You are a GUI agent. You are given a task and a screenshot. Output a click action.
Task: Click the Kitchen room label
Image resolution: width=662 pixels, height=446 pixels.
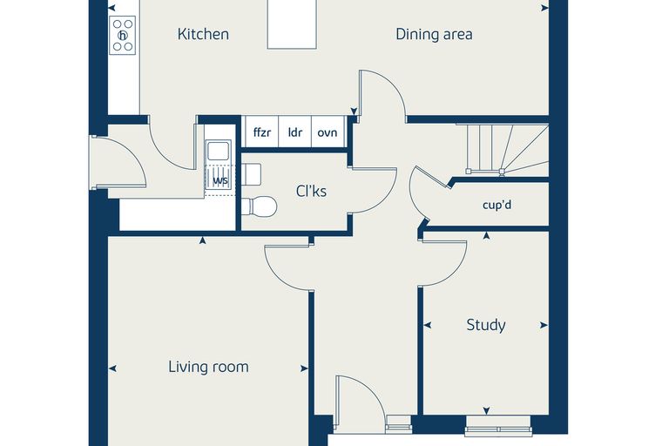tap(203, 34)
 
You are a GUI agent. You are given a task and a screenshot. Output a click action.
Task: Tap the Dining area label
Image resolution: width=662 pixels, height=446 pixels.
tap(434, 34)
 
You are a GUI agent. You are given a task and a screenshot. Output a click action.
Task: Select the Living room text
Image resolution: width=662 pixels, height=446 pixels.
tap(208, 367)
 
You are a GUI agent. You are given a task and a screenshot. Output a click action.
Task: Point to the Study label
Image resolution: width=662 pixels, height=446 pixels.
tap(486, 325)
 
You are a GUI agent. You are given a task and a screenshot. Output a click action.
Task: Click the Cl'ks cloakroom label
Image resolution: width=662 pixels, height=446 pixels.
tap(311, 192)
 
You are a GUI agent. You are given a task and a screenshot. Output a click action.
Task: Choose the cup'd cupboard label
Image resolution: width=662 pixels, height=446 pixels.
tap(496, 206)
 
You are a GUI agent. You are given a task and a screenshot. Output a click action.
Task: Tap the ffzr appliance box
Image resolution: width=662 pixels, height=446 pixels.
tap(262, 132)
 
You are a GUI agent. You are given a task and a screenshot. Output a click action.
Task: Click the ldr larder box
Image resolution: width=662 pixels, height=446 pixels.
tap(294, 132)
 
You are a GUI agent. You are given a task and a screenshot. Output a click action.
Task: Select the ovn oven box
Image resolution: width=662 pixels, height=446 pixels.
tap(328, 132)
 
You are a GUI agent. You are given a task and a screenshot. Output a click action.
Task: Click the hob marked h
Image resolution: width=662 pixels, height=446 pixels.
tap(123, 35)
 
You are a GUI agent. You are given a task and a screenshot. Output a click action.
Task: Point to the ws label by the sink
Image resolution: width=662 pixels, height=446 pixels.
tap(220, 181)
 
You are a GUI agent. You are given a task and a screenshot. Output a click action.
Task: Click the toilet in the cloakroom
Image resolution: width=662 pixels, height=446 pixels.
tap(260, 206)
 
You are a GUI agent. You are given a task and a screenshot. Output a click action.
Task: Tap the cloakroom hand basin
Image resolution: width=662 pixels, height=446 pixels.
tap(251, 174)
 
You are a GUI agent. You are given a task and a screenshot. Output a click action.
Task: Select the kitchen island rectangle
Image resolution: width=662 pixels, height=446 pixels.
tap(292, 24)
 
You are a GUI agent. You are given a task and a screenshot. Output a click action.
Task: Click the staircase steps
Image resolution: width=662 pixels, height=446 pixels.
tap(507, 149)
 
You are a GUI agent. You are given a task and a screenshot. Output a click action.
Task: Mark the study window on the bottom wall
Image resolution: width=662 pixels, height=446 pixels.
tap(498, 427)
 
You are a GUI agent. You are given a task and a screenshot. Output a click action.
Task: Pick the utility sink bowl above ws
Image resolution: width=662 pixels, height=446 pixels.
tap(219, 151)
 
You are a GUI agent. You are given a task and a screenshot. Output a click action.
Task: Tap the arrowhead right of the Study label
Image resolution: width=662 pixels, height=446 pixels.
tap(544, 325)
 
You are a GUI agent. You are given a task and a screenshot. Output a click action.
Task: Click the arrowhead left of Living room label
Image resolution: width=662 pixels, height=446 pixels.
tap(112, 368)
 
